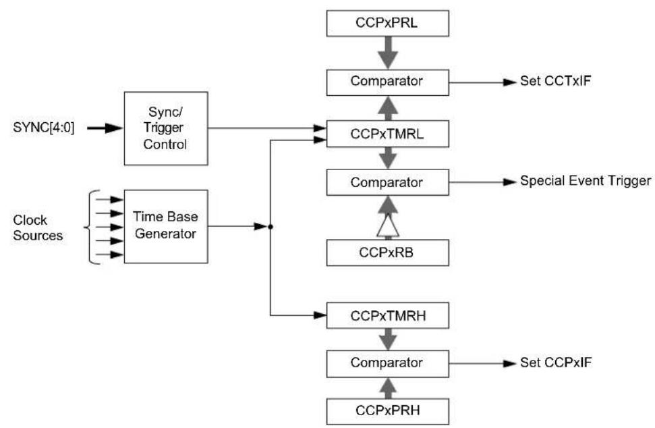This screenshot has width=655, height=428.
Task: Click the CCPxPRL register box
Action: click(x=388, y=24)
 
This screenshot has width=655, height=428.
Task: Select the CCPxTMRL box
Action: click(x=388, y=134)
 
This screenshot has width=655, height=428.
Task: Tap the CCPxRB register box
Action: click(x=388, y=253)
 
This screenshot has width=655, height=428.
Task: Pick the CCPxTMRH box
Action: click(x=388, y=315)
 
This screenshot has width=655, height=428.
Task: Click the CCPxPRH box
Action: click(x=388, y=411)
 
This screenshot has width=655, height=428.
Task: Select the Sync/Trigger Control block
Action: click(x=166, y=128)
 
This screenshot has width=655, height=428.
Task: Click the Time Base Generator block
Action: click(x=166, y=227)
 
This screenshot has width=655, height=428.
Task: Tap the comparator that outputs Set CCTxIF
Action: click(x=388, y=83)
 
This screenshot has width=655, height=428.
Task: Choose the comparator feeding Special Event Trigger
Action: click(x=388, y=182)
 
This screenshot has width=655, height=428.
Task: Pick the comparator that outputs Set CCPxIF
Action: click(x=388, y=364)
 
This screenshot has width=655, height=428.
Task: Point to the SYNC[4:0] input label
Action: click(x=44, y=128)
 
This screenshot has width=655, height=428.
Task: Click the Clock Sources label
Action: click(x=38, y=228)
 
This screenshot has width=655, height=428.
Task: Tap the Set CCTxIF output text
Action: click(x=555, y=81)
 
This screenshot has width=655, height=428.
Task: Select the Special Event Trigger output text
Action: click(x=586, y=181)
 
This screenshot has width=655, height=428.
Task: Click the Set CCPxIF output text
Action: click(x=556, y=363)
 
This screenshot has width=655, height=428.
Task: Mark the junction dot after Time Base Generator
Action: click(x=270, y=227)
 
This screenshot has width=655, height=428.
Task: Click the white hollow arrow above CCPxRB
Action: click(x=388, y=225)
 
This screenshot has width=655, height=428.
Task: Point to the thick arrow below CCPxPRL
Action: click(x=388, y=53)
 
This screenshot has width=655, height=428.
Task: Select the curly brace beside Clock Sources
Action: click(x=92, y=228)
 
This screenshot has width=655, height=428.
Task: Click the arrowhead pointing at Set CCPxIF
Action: click(x=510, y=364)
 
